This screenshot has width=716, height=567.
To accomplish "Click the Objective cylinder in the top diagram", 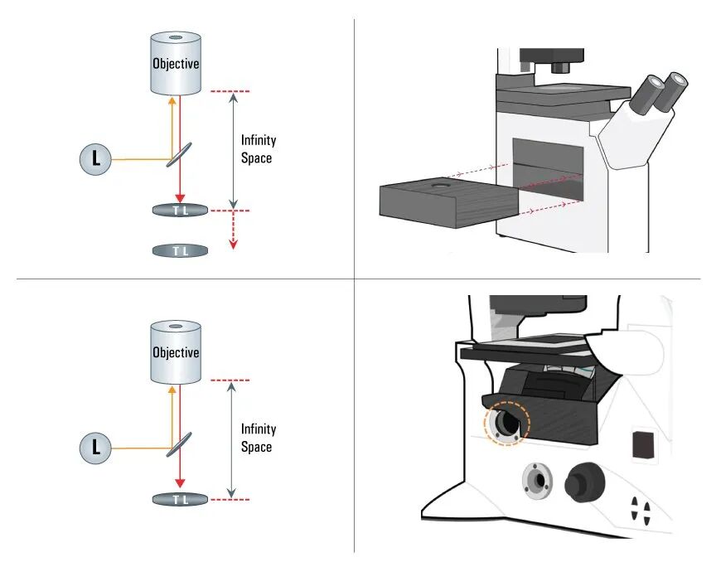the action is pos(176,64).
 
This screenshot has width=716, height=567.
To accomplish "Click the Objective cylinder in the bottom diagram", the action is pos(176,352).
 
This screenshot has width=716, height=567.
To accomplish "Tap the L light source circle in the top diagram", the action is pos(95,159).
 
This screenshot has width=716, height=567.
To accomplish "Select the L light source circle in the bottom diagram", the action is pos(95,448).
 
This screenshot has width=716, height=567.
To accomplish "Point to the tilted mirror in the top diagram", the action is pos(179,154).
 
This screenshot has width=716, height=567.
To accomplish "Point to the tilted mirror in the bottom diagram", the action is pos(179,444).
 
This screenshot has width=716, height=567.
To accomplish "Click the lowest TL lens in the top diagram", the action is pos(180,251).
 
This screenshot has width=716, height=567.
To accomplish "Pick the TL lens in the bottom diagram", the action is pos(180,499).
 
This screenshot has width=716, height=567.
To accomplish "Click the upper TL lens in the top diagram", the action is pos(180,211).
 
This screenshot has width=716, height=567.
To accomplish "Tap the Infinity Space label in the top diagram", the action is pos(258,149).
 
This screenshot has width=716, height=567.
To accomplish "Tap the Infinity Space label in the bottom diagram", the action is pos(258,438).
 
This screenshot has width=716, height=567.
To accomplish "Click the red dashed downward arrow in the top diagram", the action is pos(234,230).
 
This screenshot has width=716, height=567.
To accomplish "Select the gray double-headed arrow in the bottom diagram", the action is pos(231,439).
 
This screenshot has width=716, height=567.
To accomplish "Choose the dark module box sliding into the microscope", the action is pos(449,202).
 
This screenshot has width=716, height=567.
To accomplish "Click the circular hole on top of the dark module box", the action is pos(441,186).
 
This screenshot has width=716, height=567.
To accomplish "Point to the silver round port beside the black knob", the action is pos(538,481).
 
